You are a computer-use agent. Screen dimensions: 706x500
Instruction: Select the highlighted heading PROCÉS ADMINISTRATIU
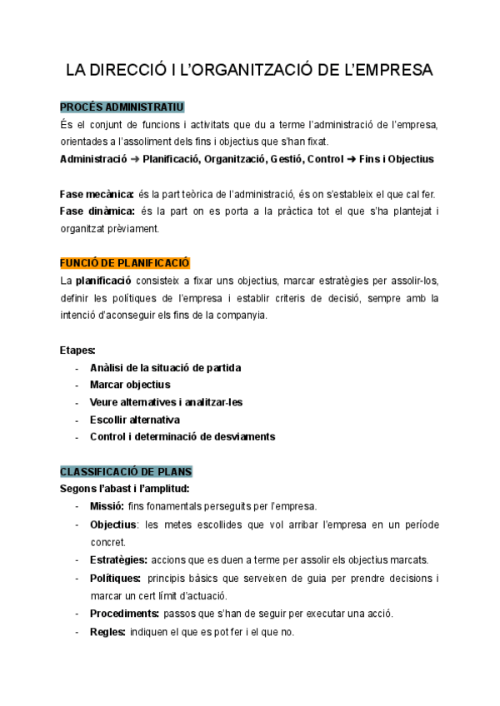click(x=122, y=107)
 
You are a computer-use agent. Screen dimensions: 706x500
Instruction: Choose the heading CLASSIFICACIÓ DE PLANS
click(x=126, y=471)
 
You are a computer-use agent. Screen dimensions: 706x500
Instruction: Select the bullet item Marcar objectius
click(x=130, y=384)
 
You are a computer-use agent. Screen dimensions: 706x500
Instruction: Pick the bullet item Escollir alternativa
click(x=135, y=419)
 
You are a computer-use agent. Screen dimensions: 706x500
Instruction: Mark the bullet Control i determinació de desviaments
click(x=182, y=436)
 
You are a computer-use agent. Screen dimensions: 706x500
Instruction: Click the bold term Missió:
click(x=107, y=505)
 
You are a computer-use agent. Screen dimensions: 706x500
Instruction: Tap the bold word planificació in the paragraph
click(x=103, y=281)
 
